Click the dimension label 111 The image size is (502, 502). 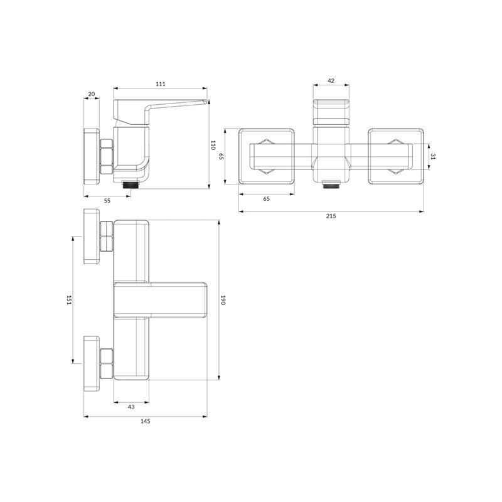click(x=161, y=84)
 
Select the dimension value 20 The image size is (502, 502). click(x=92, y=93)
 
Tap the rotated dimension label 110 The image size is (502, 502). click(x=213, y=145)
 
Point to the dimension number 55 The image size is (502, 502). click(x=107, y=200)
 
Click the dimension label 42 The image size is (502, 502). click(x=331, y=81)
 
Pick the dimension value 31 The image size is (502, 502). click(x=433, y=156)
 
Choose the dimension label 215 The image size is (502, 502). click(x=331, y=216)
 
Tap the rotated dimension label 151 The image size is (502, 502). click(x=68, y=300)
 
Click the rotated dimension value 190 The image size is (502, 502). click(x=223, y=300)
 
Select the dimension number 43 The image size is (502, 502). click(x=131, y=407)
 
